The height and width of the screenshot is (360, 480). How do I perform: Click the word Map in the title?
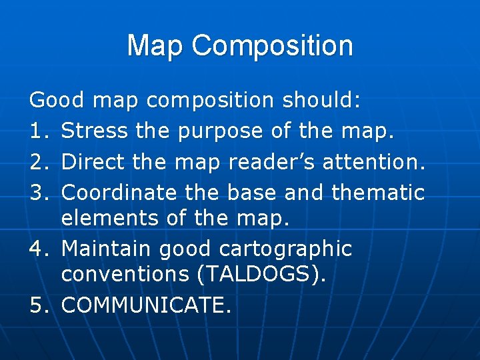(x=155, y=46)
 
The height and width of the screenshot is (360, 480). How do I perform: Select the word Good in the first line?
(x=57, y=101)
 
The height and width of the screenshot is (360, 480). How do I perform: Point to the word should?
(x=322, y=101)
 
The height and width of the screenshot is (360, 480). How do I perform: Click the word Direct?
(x=93, y=162)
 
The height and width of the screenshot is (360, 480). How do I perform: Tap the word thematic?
(x=378, y=193)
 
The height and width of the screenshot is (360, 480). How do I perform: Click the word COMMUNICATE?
(x=147, y=305)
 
